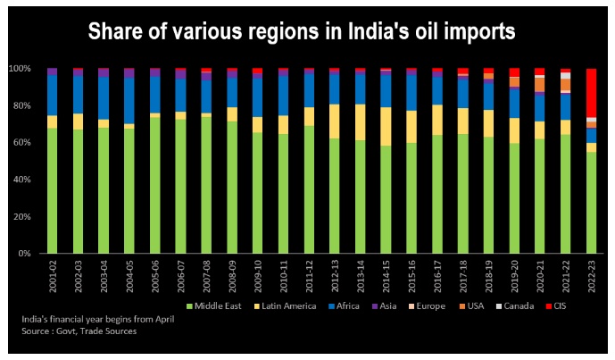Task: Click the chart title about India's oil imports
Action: coord(301,32)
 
